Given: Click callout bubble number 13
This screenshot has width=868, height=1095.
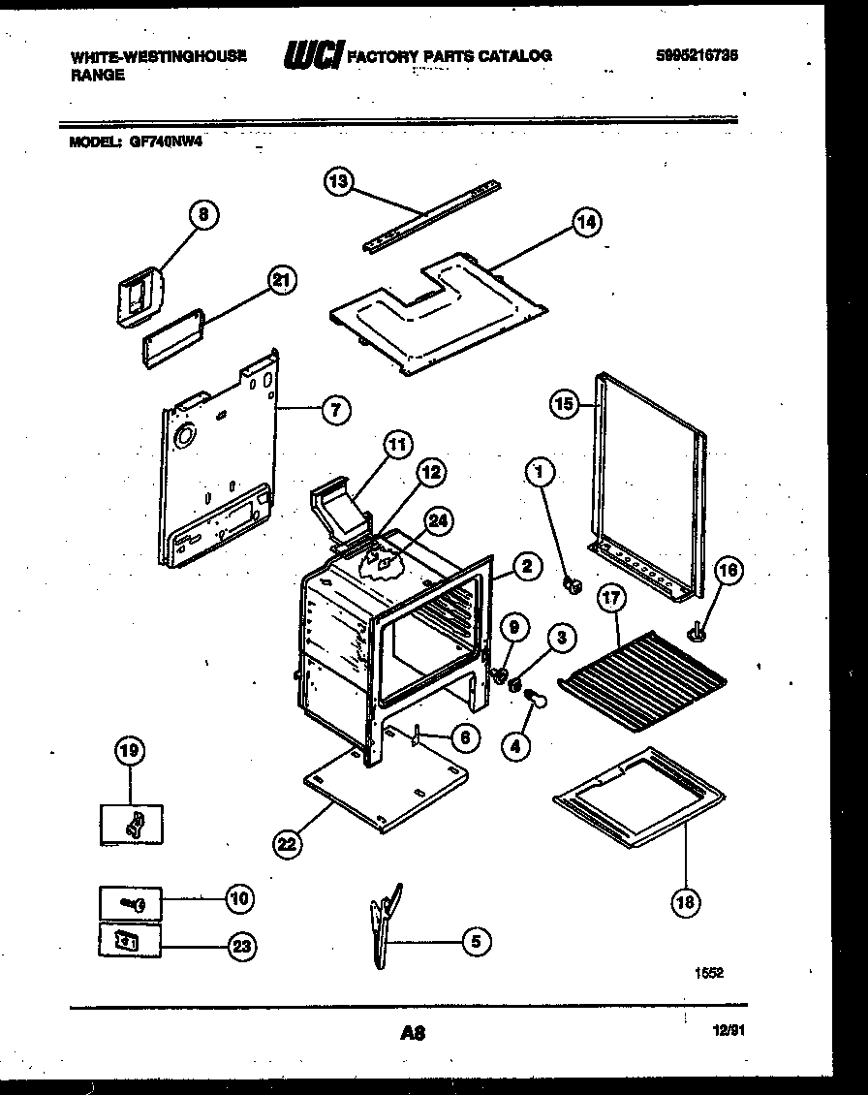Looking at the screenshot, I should (339, 180).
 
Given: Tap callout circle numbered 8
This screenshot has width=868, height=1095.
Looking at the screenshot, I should (204, 215).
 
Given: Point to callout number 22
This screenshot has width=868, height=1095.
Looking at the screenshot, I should (286, 843).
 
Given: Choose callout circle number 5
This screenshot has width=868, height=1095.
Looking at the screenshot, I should (475, 940).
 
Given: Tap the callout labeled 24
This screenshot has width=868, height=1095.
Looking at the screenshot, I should (439, 521).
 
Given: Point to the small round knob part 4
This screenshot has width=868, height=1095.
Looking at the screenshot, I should (538, 694).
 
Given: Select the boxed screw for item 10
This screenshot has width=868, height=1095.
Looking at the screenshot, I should (130, 902).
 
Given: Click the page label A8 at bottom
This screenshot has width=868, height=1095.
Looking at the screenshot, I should (413, 1034).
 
